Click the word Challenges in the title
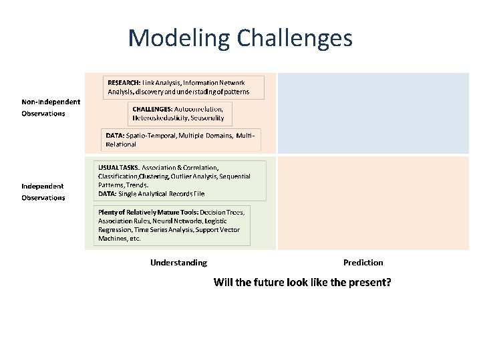(291, 38)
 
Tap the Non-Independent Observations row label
(51, 108)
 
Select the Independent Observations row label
(43, 191)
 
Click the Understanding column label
(178, 263)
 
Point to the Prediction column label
(363, 263)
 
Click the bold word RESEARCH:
(124, 82)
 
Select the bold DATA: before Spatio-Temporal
(114, 135)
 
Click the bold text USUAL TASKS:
(119, 166)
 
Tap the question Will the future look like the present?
(302, 282)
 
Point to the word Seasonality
(211, 117)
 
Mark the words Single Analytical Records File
(161, 193)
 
